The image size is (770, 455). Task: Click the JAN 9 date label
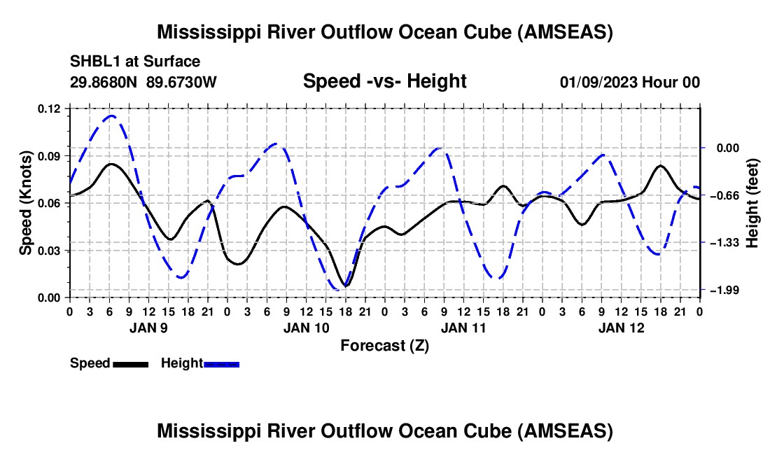pos(148,328)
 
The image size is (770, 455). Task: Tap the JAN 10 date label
pos(307,328)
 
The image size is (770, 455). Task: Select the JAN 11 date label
pos(463,328)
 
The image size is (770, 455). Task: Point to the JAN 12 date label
pos(621,328)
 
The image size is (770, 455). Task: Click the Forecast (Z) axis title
pos(385,346)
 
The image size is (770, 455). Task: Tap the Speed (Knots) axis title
pos(25,203)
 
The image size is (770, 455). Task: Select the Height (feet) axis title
pos(752,203)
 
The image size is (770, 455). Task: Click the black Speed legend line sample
pos(131,364)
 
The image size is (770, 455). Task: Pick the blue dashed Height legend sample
pos(221,364)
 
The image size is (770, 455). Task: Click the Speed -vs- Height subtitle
pos(385,81)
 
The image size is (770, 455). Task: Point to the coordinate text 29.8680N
pos(104,82)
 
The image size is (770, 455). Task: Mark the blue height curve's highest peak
pos(111,115)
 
